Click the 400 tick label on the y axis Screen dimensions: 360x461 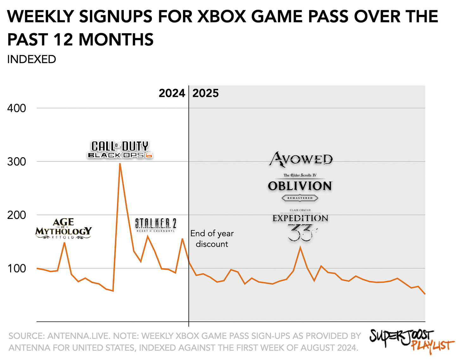(16, 108)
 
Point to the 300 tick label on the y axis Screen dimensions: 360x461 (16, 162)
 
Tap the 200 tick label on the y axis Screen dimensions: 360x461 (16, 215)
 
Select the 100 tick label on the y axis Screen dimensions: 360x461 (16, 269)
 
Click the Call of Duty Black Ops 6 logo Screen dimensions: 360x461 (120, 150)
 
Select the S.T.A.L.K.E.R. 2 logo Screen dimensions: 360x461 (155, 225)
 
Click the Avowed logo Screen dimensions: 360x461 (301, 159)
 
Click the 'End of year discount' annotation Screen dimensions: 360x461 (212, 239)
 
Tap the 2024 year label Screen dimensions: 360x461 (172, 93)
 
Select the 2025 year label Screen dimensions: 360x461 (205, 93)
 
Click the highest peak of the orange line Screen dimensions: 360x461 (120, 164)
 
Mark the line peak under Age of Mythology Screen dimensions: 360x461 (64, 243)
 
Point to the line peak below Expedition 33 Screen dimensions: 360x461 (300, 247)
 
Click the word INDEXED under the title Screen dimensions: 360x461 (31, 59)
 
